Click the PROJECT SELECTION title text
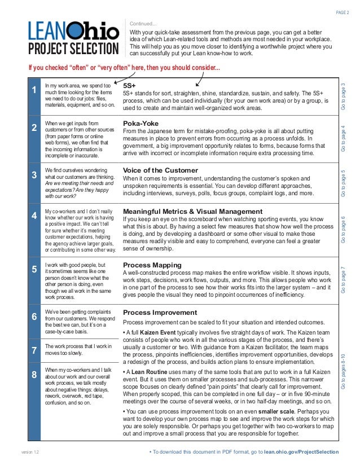73,49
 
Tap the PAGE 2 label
342,13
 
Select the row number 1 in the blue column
35,90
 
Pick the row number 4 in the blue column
35,216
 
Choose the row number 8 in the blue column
35,374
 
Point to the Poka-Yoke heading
141,123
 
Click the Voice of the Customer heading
160,170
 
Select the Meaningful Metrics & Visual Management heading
192,211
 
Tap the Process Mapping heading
152,264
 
